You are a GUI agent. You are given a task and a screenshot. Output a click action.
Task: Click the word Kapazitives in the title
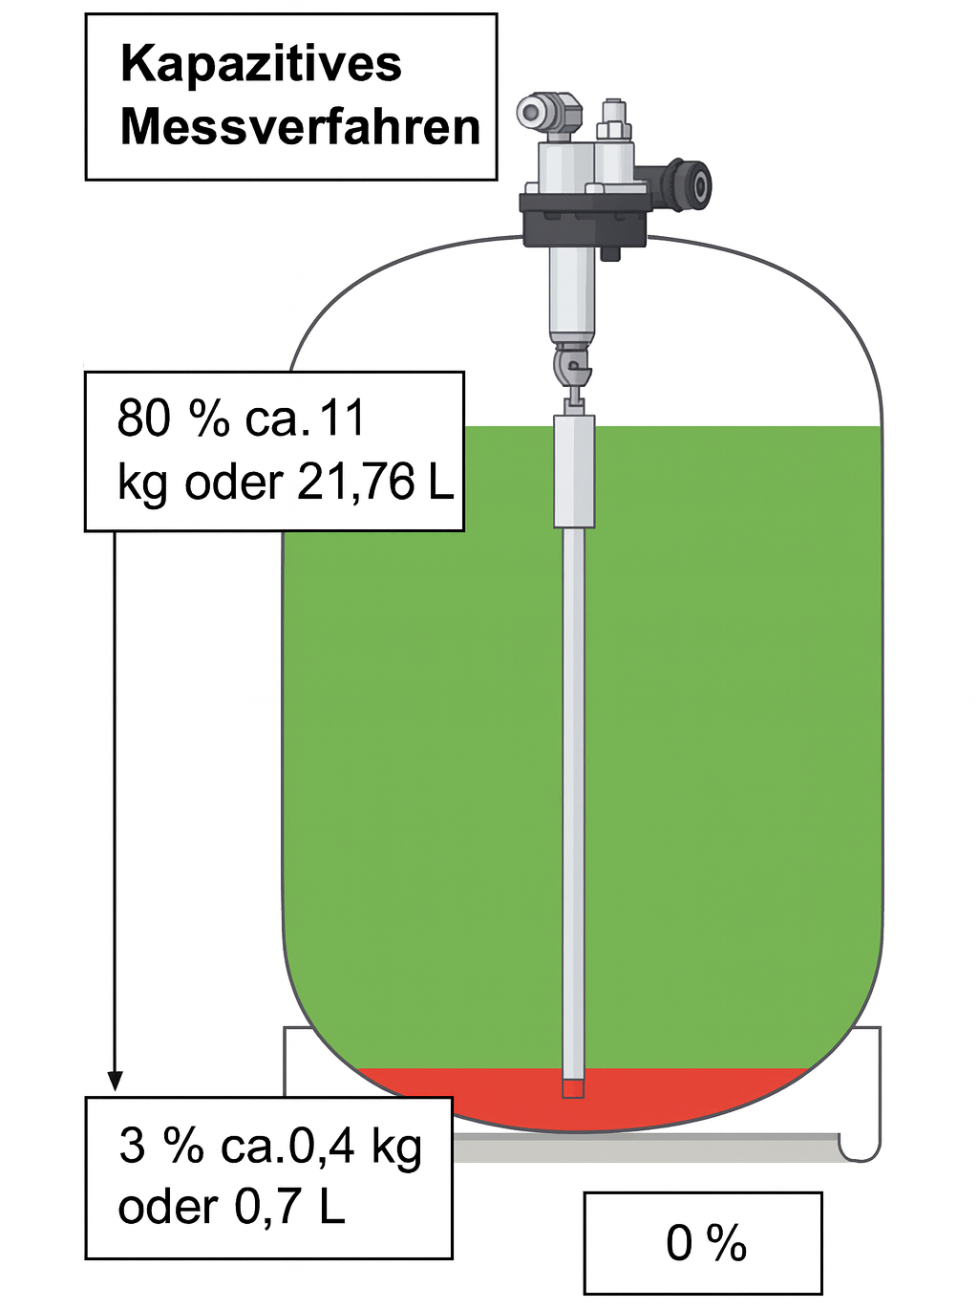click(261, 65)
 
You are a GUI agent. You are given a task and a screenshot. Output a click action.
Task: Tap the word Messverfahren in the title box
click(301, 127)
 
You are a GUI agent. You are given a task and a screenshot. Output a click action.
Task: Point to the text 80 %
click(173, 418)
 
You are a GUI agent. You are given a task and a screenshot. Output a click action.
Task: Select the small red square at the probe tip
click(573, 1088)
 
